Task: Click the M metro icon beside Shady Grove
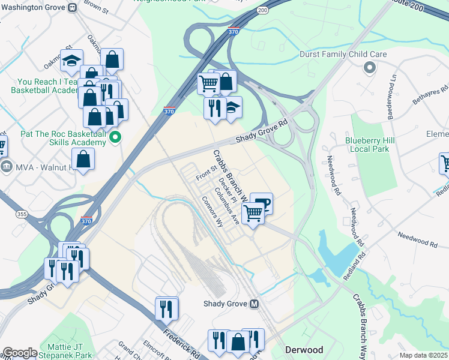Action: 255,304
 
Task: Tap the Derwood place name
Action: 304,350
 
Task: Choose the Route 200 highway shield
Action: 262,11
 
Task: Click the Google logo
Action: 20,353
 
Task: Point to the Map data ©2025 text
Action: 423,355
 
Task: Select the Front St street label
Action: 206,174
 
